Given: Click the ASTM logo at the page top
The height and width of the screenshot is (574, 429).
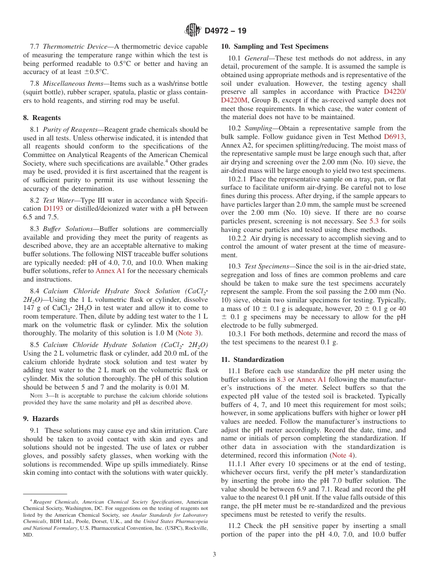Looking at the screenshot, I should (193, 31).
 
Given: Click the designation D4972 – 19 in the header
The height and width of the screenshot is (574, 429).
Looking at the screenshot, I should (225, 31).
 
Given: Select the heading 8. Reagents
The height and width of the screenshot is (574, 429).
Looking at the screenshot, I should (42, 118).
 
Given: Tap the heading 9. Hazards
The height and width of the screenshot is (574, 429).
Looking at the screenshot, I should (41, 419).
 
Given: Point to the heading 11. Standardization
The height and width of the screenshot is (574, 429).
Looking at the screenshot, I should (252, 360).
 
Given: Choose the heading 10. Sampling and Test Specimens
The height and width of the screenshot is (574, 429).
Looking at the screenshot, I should (275, 46).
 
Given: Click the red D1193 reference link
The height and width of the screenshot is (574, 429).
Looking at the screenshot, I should (53, 208).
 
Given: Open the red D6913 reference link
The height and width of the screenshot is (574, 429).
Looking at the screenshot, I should (394, 136).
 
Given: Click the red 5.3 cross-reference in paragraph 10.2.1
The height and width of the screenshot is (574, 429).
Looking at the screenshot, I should (374, 221).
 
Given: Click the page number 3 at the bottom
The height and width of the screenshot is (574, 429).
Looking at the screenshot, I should (214, 554).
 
